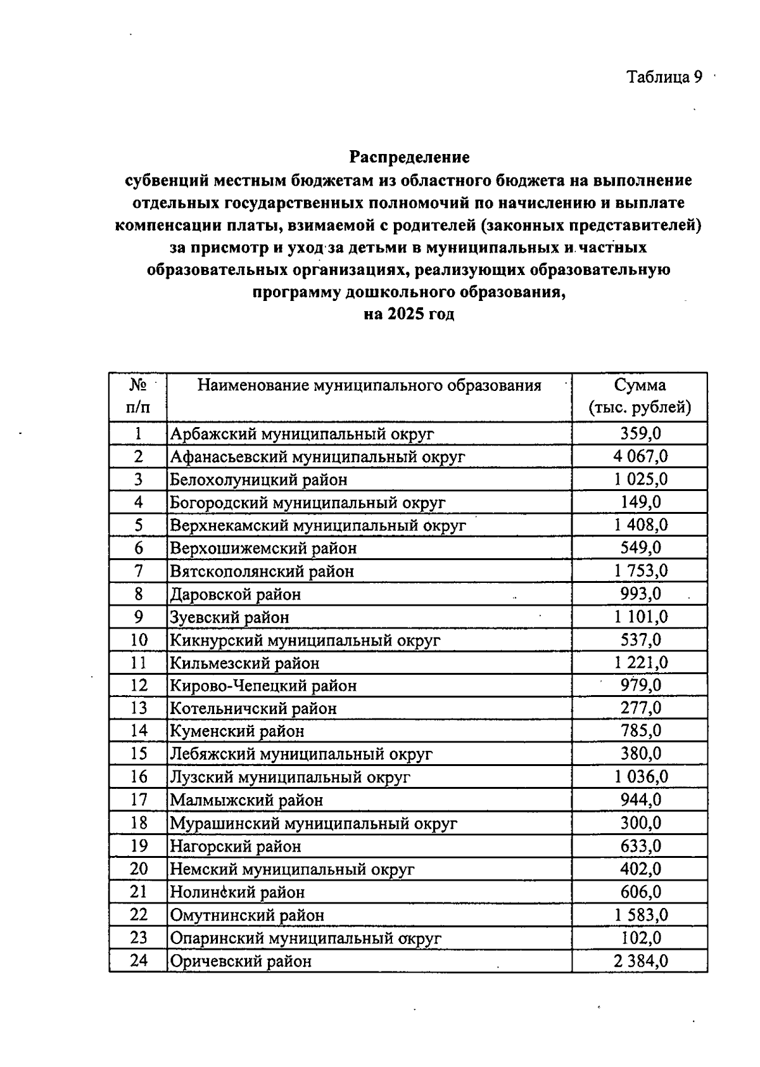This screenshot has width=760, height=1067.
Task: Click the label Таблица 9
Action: pos(664,77)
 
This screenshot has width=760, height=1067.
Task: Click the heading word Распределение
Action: pos(410,157)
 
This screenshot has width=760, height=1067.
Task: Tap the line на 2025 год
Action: pos(409,314)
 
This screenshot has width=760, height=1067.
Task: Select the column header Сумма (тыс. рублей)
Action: pos(640,396)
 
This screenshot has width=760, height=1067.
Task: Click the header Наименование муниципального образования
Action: pos(369,385)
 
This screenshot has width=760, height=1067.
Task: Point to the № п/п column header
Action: pos(138,396)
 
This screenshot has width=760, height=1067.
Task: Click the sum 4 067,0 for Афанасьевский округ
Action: pos(640,456)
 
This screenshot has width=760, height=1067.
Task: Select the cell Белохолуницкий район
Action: pos(258,480)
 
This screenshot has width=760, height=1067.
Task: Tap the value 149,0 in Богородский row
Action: pos(640,502)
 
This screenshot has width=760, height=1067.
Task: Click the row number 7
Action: pos(138,571)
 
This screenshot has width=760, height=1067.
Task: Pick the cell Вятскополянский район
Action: pos(262,572)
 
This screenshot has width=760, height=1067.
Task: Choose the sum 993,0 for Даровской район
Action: pos(640,594)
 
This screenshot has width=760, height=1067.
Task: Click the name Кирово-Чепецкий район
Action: pos(263,686)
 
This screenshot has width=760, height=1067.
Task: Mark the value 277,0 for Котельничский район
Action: pos(640,708)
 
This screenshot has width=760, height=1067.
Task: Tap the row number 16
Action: pos(138,777)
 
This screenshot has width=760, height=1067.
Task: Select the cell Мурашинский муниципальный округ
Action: pos(313,823)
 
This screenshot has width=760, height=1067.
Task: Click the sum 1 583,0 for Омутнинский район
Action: pos(640,914)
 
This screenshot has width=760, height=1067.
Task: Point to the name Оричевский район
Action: pos(241,961)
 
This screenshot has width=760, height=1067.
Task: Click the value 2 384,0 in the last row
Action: pos(640,961)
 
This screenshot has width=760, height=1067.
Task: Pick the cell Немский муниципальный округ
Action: pos(292,869)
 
